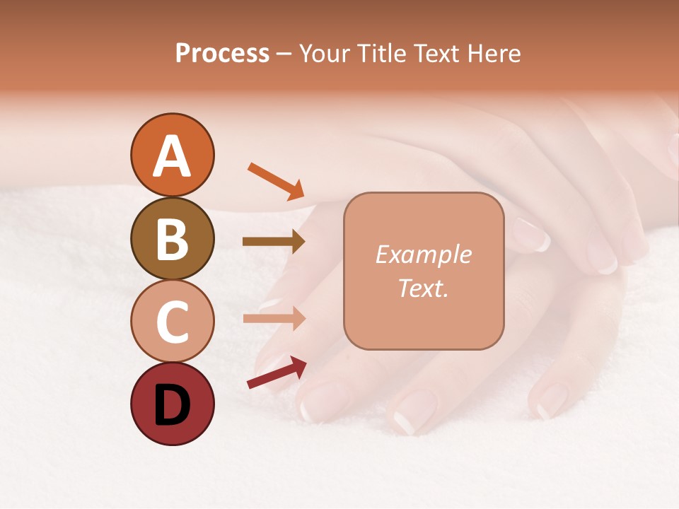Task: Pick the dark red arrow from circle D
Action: [x=276, y=373]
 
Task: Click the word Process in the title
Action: [x=222, y=54]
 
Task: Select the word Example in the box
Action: [x=423, y=255]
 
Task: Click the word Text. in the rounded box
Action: [x=423, y=288]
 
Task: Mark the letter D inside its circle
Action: [x=172, y=405]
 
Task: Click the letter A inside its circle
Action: [x=172, y=156]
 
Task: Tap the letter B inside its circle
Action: [x=172, y=239]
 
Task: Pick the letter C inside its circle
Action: [x=172, y=322]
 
